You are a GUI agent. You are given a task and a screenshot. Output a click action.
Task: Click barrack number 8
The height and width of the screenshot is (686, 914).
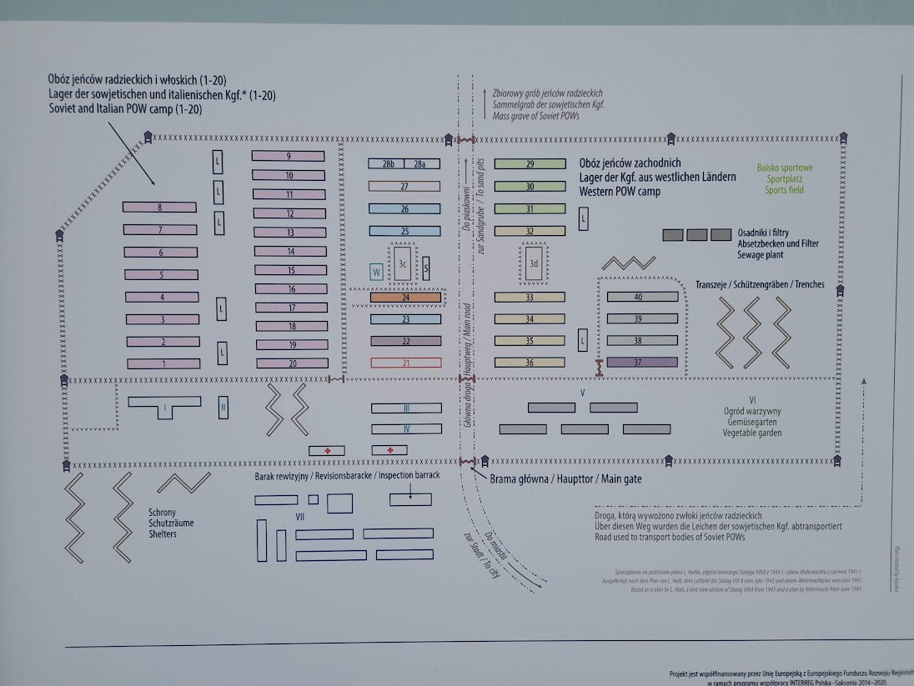click(158, 207)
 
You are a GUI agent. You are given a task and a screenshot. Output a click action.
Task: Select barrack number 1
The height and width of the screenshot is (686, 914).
click(163, 363)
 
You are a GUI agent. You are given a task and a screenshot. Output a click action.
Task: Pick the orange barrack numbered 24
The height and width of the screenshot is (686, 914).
click(405, 297)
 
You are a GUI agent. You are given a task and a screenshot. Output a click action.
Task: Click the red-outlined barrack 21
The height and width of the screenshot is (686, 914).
click(405, 363)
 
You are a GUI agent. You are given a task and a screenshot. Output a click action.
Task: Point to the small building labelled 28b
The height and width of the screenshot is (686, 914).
click(388, 164)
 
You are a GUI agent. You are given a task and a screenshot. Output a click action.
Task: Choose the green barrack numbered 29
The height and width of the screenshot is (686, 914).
click(530, 164)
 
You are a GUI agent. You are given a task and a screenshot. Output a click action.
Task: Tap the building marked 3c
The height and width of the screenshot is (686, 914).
click(403, 263)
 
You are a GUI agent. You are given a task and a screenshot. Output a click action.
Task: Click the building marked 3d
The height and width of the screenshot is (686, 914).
click(534, 263)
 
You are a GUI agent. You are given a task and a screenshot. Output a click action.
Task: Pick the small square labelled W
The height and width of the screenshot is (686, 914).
click(377, 272)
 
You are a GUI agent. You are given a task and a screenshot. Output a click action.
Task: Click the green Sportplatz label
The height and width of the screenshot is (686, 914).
click(785, 179)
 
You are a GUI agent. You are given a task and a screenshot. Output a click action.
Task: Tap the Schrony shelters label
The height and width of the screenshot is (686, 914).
click(162, 513)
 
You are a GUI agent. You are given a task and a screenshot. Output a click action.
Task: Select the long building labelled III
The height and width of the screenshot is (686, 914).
click(406, 408)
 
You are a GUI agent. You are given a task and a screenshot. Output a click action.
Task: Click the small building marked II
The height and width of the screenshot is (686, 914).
click(223, 408)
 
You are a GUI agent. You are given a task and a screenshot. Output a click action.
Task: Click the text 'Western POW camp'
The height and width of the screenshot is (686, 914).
click(619, 192)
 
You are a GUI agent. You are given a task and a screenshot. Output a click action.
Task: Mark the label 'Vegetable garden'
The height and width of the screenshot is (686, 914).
click(752, 433)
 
